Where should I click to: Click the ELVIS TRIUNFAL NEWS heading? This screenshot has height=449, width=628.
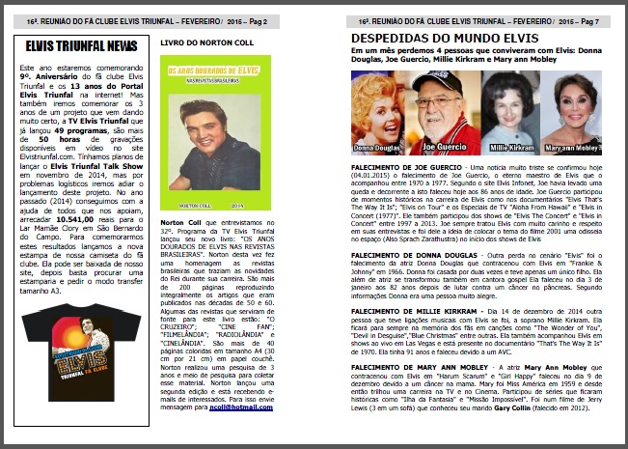(81, 45)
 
